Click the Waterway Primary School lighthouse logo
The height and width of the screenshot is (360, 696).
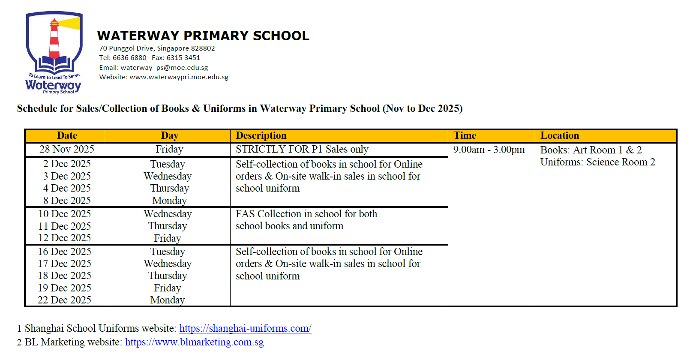point(54,51)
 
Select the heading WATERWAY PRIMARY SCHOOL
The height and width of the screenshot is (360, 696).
point(203,36)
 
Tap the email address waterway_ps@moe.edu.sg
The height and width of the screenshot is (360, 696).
point(164,68)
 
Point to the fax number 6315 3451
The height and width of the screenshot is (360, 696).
point(183,58)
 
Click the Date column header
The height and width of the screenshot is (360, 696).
point(67,136)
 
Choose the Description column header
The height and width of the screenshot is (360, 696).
point(261,136)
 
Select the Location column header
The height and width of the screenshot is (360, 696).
point(559,136)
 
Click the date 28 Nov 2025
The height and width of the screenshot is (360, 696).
point(67,149)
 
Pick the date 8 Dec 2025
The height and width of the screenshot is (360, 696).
point(67,201)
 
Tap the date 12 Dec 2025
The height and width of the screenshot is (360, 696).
point(65,238)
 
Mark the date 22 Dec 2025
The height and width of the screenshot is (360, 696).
point(64,300)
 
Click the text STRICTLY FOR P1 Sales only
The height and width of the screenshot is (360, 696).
point(302,149)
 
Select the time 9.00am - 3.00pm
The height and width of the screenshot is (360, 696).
point(489,150)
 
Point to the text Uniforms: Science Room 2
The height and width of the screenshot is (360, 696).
point(597,162)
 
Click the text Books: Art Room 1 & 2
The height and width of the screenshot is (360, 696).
point(591,150)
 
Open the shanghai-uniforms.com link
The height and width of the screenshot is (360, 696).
point(245,328)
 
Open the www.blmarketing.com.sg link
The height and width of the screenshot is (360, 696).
point(194,342)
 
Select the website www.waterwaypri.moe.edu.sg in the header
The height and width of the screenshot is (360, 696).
point(179,77)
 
